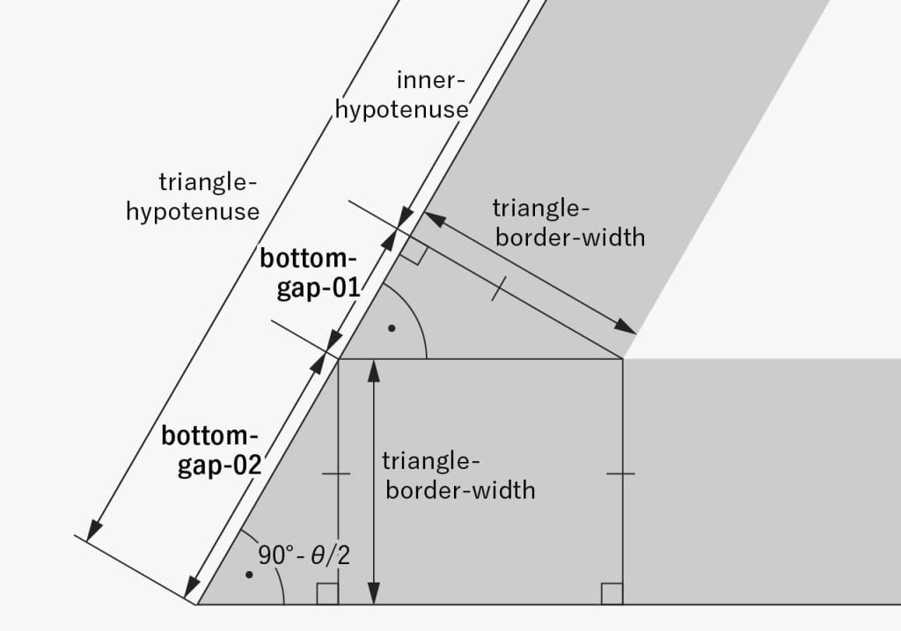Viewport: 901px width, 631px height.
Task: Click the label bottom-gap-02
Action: [212, 450]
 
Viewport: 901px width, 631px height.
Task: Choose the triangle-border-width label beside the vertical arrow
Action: [458, 475]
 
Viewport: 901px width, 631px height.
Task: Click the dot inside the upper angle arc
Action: [392, 328]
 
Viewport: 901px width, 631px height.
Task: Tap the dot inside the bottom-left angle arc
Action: [250, 575]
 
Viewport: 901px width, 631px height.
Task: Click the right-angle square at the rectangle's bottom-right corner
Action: [612, 594]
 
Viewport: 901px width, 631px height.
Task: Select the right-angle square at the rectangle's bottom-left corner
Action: [327, 594]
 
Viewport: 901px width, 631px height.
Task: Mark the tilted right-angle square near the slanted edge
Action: [414, 253]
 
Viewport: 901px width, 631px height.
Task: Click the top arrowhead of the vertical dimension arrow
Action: [375, 370]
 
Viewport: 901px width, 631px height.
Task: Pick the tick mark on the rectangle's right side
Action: [621, 473]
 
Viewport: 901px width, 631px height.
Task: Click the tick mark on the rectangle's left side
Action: [337, 473]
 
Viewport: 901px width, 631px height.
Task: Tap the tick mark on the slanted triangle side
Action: [499, 290]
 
